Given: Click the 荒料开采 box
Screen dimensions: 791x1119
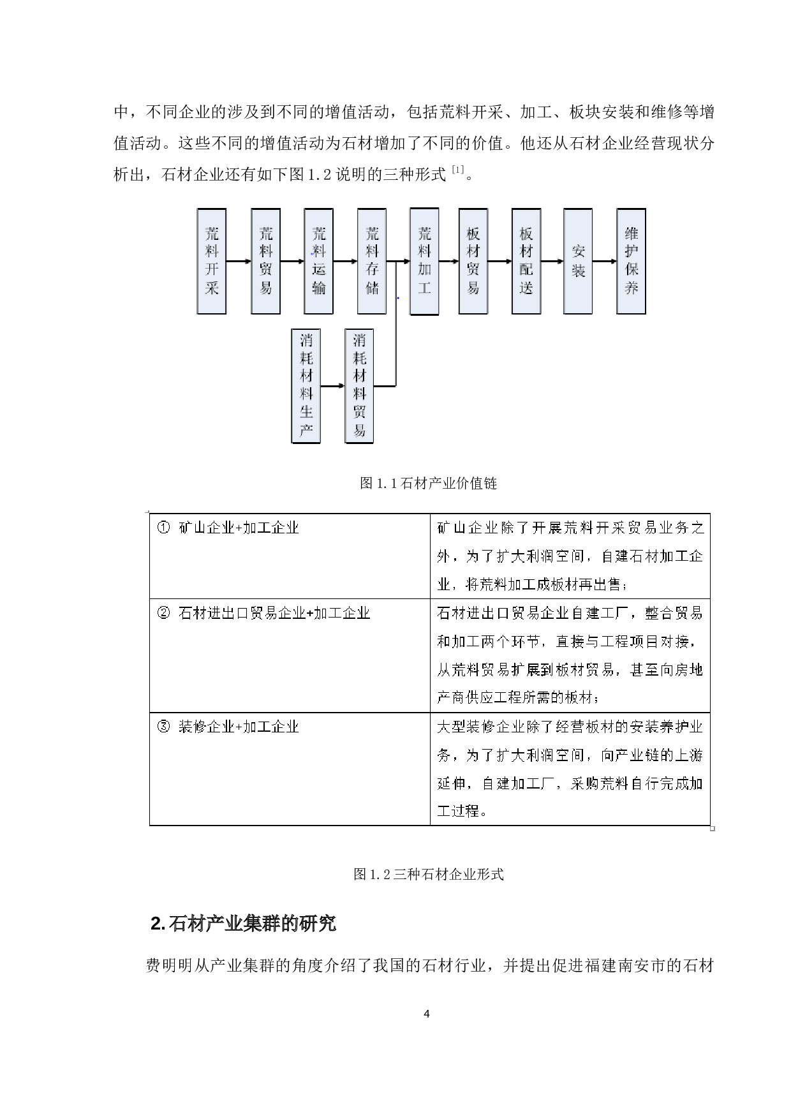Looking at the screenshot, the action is pyautogui.click(x=212, y=261).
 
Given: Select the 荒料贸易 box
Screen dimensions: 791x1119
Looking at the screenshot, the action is pyautogui.click(x=265, y=261).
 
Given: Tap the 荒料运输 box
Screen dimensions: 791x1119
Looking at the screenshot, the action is pyautogui.click(x=318, y=261).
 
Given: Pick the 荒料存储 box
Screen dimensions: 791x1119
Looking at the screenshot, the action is pyautogui.click(x=372, y=261).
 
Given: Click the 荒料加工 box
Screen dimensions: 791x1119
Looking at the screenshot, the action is pyautogui.click(x=424, y=261).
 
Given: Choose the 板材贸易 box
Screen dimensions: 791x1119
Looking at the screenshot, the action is pyautogui.click(x=473, y=261).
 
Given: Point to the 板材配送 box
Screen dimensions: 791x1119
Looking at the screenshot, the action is pyautogui.click(x=526, y=261).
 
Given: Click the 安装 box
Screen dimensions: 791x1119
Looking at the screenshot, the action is pyautogui.click(x=578, y=261).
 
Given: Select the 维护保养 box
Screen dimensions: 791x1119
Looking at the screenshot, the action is pyautogui.click(x=631, y=261).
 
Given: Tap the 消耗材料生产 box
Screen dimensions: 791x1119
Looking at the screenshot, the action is pyautogui.click(x=306, y=385).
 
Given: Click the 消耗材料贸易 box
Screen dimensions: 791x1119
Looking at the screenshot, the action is pyautogui.click(x=359, y=385).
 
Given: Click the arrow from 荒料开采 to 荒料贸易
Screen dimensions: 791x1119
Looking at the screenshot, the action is pyautogui.click(x=239, y=261).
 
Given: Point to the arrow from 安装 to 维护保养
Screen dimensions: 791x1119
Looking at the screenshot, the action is pyautogui.click(x=604, y=261).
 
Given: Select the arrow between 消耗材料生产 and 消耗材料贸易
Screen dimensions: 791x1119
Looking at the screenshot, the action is pyautogui.click(x=332, y=386).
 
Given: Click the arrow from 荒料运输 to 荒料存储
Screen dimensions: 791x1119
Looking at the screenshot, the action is pyautogui.click(x=345, y=261).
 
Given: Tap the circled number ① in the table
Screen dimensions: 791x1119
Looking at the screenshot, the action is pyautogui.click(x=163, y=528).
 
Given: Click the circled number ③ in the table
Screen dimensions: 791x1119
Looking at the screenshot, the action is pyautogui.click(x=163, y=727).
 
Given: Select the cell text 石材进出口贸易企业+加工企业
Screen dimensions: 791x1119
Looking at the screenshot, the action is pyautogui.click(x=274, y=613).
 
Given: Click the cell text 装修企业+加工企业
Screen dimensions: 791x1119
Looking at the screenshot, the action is pyautogui.click(x=239, y=727).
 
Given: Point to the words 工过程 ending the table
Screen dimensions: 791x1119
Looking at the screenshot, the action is pyautogui.click(x=458, y=811).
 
